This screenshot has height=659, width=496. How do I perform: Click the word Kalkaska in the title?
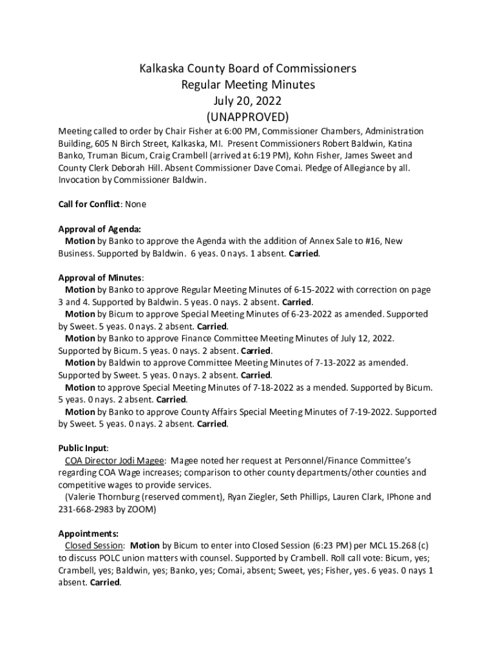pos(164,69)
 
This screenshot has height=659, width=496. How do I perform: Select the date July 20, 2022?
pos(247,101)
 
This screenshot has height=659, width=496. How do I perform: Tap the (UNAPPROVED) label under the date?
pos(247,117)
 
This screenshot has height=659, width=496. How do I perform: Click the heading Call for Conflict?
pos(89,204)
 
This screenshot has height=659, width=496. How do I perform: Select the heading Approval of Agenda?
pos(99,228)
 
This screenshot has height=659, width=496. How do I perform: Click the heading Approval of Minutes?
pos(100,277)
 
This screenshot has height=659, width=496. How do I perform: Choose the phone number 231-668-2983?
pos(87,509)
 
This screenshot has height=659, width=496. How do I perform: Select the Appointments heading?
pos(88,534)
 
